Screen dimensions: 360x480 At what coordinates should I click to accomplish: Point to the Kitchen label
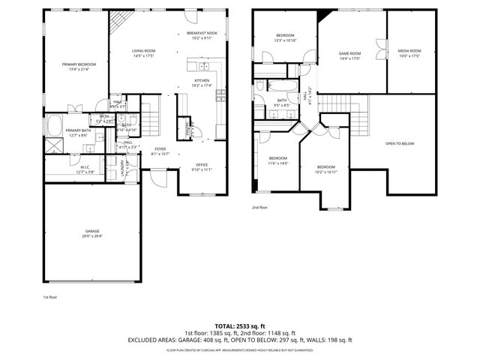coord(202,82)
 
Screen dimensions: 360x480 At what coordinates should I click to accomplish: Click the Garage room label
coord(91,233)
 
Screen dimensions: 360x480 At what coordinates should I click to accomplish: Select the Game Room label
coord(349,55)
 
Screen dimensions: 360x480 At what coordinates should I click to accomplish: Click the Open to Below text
coord(400,143)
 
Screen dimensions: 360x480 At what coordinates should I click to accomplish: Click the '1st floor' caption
coord(50,298)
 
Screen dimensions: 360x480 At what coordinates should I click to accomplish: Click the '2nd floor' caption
coord(259,207)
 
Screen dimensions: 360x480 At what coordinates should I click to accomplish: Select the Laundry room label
coord(122,172)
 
